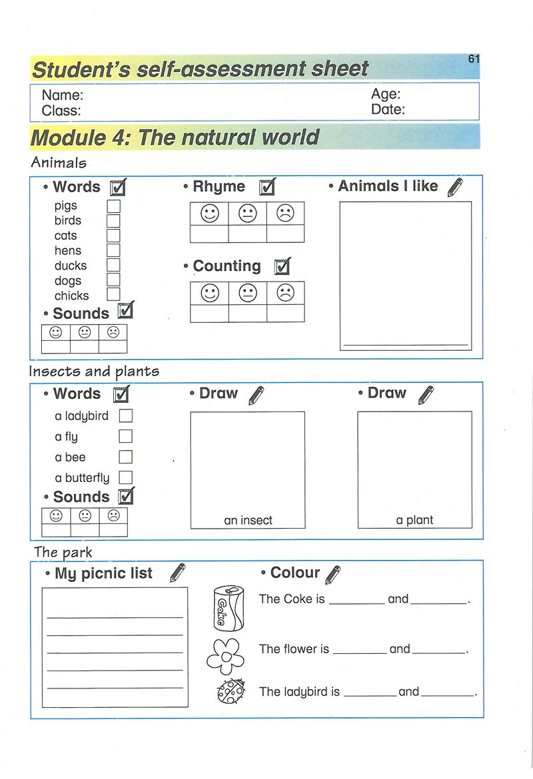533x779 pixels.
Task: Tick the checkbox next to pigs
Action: pyautogui.click(x=113, y=206)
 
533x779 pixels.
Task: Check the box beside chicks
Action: pyautogui.click(x=113, y=294)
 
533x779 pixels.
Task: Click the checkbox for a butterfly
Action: pyautogui.click(x=125, y=477)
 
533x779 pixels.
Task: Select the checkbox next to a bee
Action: pyautogui.click(x=125, y=457)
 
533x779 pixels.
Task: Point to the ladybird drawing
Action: pyautogui.click(x=231, y=692)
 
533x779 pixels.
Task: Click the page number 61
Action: pyautogui.click(x=474, y=59)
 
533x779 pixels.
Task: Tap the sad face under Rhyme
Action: pyautogui.click(x=285, y=214)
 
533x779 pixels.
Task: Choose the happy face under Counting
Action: pyautogui.click(x=210, y=293)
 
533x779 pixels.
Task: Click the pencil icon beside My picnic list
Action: pyautogui.click(x=178, y=573)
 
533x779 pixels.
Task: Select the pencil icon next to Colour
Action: pyautogui.click(x=333, y=574)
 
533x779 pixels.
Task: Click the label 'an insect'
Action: pyautogui.click(x=248, y=521)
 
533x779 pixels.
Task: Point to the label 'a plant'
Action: pyautogui.click(x=414, y=521)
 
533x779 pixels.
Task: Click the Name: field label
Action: pyautogui.click(x=63, y=95)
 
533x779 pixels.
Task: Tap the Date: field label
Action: pyautogui.click(x=388, y=110)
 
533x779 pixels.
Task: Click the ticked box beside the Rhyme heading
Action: pyautogui.click(x=267, y=187)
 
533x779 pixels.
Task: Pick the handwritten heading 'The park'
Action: pyautogui.click(x=63, y=552)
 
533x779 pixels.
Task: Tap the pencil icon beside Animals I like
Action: pyautogui.click(x=456, y=187)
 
